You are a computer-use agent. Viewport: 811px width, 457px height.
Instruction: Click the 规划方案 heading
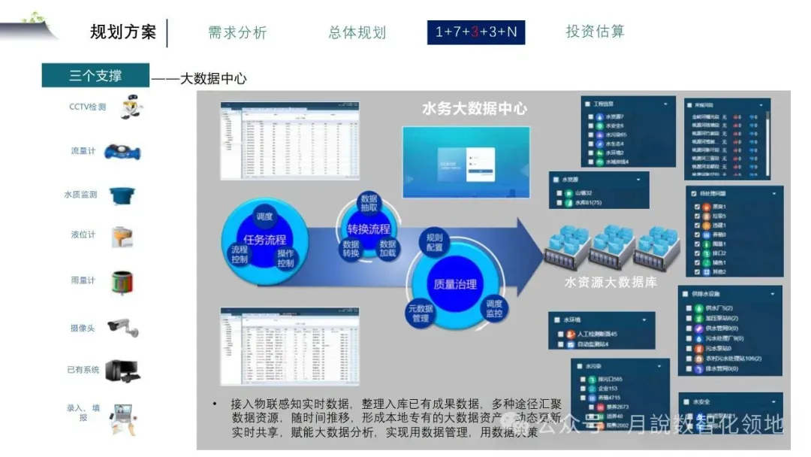123,32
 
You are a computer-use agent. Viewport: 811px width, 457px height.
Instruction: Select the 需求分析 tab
237,32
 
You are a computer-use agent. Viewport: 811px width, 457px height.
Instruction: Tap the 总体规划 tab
357,32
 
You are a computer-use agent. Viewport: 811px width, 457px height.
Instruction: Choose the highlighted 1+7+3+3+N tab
476,32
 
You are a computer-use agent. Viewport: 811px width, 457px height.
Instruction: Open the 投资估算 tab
595,32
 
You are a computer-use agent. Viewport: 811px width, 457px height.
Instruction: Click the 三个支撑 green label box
95,75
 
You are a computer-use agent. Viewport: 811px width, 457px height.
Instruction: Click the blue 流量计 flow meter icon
122,152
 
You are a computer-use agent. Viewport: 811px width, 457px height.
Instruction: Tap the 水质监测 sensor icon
122,195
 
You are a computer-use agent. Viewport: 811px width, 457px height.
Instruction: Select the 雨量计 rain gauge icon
122,283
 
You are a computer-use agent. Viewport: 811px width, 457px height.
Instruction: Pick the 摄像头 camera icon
122,328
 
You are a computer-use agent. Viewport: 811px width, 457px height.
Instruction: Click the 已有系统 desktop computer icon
122,370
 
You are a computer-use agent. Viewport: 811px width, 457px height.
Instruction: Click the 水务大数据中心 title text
475,108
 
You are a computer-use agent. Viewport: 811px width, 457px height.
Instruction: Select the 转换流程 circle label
369,228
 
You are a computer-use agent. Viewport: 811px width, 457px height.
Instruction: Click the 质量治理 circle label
455,285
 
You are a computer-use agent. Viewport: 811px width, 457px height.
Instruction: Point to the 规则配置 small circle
434,242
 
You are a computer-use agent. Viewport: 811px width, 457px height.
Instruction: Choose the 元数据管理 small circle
421,313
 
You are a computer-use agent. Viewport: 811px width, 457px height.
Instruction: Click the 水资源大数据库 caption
611,283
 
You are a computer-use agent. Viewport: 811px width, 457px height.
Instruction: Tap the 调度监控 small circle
493,308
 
